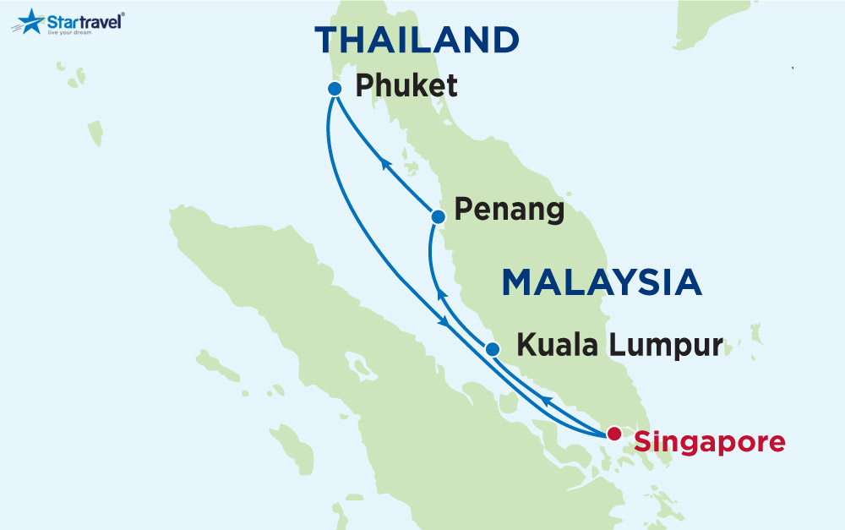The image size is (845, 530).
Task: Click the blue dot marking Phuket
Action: pos(335,88)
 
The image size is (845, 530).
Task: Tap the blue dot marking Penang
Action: pos(438,217)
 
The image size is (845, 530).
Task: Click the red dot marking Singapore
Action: pos(614,434)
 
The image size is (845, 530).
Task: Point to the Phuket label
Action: pos(406,86)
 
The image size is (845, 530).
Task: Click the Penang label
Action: pos(509,209)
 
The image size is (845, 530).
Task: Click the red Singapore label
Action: pos(710,441)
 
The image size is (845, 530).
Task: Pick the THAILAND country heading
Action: pos(417,40)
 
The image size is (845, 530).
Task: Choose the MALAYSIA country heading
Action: pos(602,281)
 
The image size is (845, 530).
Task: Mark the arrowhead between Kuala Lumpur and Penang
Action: pos(439,294)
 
